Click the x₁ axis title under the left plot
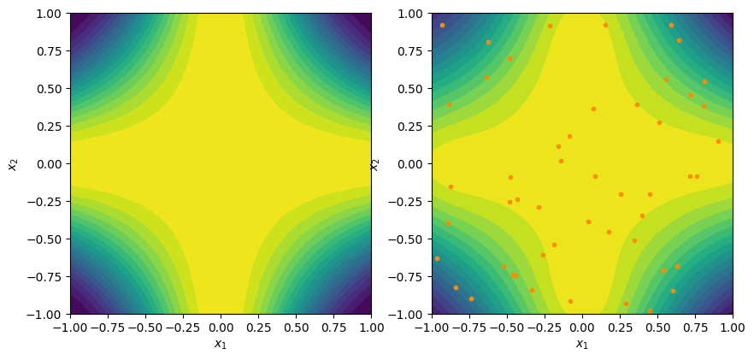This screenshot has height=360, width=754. pyautogui.click(x=221, y=345)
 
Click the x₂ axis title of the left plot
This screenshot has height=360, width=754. pyautogui.click(x=12, y=163)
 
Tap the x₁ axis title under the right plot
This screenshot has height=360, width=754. pyautogui.click(x=582, y=345)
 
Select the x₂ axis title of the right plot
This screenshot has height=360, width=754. pyautogui.click(x=374, y=163)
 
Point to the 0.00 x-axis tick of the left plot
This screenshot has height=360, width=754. pyautogui.click(x=221, y=326)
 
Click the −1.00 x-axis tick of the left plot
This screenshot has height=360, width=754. pyautogui.click(x=70, y=326)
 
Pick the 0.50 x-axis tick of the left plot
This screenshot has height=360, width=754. pyautogui.click(x=296, y=326)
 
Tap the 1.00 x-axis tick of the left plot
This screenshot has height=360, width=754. pyautogui.click(x=371, y=326)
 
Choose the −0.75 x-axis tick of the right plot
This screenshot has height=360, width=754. pyautogui.click(x=469, y=326)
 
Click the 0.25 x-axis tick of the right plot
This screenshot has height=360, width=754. pyautogui.click(x=620, y=326)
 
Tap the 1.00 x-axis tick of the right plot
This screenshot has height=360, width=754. pyautogui.click(x=733, y=326)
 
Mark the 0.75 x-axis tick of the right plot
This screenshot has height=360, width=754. pyautogui.click(x=695, y=326)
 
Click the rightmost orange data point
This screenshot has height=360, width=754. pyautogui.click(x=718, y=141)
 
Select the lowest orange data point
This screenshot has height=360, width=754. pyautogui.click(x=650, y=310)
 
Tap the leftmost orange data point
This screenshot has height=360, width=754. pyautogui.click(x=437, y=258)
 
